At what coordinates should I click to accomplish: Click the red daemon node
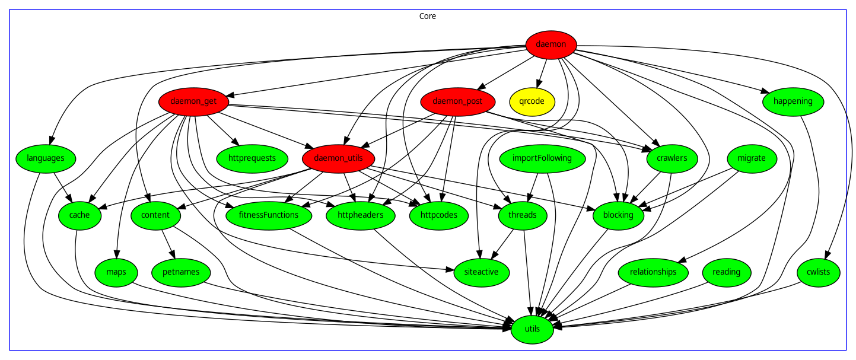click(551, 44)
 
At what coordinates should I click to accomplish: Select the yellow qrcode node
click(532, 101)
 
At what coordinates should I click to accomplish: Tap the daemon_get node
click(193, 101)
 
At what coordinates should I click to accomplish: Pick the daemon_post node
click(457, 101)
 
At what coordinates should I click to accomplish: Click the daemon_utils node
click(338, 158)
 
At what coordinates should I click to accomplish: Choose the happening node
click(793, 101)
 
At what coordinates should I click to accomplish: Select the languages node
click(45, 158)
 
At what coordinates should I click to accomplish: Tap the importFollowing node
click(542, 158)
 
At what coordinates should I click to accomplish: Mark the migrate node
click(752, 158)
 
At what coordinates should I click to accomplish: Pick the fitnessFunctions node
click(269, 215)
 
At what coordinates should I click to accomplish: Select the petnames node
click(180, 272)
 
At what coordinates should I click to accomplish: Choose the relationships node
click(653, 272)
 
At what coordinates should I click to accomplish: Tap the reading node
click(726, 272)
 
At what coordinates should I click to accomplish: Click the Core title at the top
click(428, 16)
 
